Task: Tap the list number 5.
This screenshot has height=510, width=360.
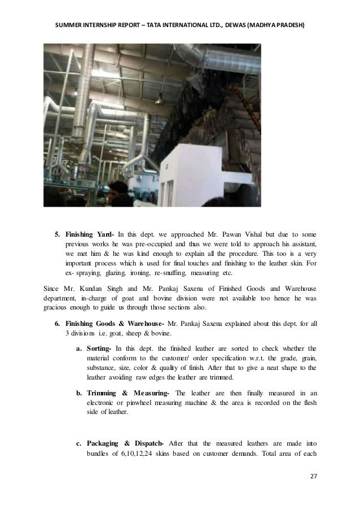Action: point(56,234)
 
